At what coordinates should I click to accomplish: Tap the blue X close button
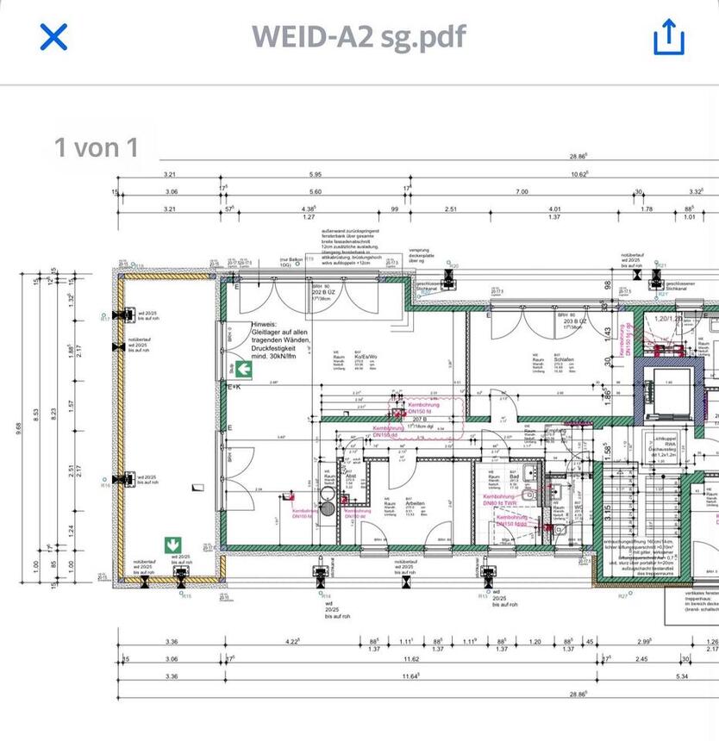(x=53, y=37)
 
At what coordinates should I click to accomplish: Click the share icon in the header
(x=668, y=37)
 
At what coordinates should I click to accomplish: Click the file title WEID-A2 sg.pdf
(x=359, y=37)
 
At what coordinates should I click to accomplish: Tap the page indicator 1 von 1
(x=97, y=147)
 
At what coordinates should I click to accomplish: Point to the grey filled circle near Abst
(x=327, y=495)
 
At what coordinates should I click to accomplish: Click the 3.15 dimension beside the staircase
(x=608, y=511)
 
